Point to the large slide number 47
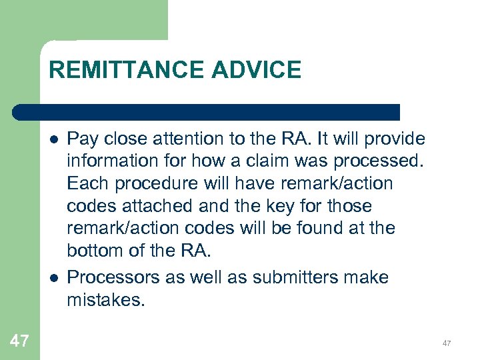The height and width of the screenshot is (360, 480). pos(19,341)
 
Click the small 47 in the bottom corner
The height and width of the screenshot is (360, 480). pos(447,343)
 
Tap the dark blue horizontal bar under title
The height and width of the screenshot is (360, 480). pos(207,112)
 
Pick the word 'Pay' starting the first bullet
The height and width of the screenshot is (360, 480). pos(82,139)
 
